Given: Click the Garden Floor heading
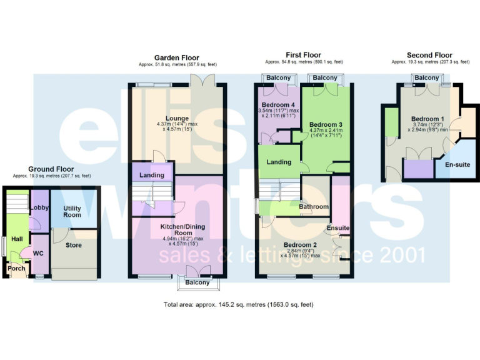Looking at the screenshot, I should (177, 58).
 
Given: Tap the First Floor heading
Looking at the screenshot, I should (304, 56).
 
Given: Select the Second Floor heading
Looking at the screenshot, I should (429, 56).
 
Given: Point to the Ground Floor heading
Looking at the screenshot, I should (51, 169).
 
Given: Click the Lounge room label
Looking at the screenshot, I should (177, 117).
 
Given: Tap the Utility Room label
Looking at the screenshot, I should (72, 211).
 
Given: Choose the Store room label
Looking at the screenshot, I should (74, 246).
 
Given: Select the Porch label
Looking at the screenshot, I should (17, 269).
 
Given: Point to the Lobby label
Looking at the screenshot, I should (40, 207).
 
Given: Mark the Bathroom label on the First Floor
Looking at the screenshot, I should (313, 207).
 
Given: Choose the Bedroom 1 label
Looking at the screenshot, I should (427, 119).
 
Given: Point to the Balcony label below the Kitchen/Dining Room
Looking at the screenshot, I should (199, 283).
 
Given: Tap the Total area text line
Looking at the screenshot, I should (238, 305).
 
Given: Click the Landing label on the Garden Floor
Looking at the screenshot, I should (152, 175).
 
